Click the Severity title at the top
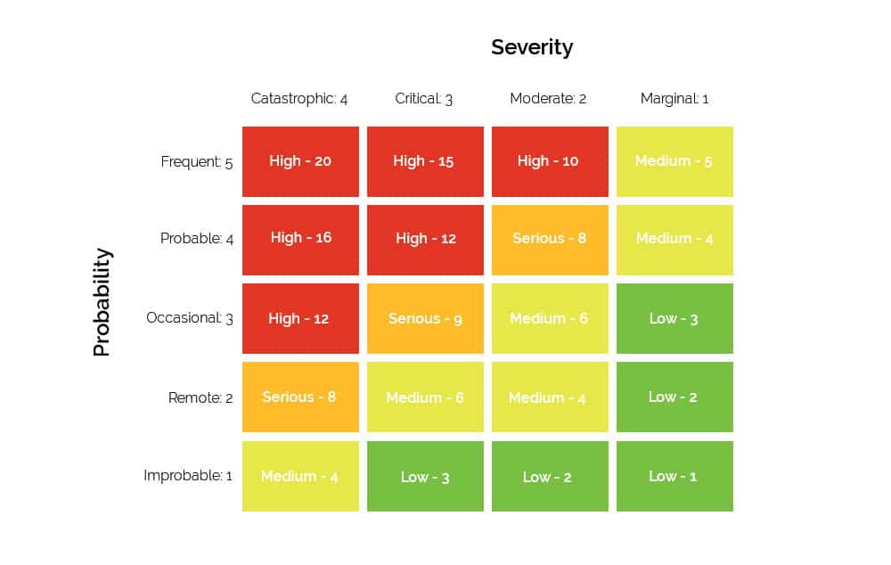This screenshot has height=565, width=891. (532, 47)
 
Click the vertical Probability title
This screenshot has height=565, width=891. (102, 302)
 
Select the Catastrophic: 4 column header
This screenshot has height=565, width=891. (299, 99)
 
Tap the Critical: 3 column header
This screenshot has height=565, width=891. (424, 99)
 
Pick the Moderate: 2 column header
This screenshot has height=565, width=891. (548, 99)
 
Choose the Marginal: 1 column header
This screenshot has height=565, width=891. (674, 99)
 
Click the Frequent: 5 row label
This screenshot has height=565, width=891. (197, 162)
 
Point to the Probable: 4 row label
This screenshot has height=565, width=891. (197, 239)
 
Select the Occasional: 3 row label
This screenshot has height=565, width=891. (190, 318)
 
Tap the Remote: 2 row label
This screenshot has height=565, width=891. (200, 397)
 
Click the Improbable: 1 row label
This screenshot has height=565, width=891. (188, 476)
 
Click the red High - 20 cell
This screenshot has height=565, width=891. (300, 161)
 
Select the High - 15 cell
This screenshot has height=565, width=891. (425, 161)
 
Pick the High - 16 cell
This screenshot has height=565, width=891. (300, 239)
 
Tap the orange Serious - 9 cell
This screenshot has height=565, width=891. (425, 318)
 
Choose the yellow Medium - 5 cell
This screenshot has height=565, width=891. (674, 161)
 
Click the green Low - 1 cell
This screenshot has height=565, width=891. (674, 476)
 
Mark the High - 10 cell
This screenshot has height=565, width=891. (550, 161)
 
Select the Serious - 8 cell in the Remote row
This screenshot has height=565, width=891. (300, 397)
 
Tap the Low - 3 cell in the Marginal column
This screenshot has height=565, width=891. (674, 318)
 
